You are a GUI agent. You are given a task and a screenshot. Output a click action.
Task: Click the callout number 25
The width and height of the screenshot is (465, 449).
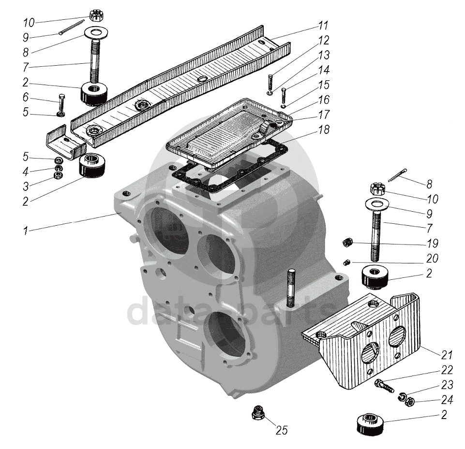[281, 430]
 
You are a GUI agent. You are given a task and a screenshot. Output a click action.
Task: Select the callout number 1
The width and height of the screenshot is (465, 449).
[25, 231]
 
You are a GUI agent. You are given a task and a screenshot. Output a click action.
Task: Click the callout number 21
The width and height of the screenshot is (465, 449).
[446, 355]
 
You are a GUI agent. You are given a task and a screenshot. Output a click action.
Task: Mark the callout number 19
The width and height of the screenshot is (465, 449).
[432, 243]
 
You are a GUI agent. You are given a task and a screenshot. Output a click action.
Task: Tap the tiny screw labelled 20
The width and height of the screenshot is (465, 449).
[346, 262]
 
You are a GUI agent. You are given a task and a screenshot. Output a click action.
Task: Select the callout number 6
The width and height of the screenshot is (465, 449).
[26, 98]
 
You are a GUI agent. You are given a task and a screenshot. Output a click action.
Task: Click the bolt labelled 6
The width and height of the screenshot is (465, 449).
[61, 103]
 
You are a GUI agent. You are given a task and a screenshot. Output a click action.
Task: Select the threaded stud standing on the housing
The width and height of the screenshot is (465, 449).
[291, 288]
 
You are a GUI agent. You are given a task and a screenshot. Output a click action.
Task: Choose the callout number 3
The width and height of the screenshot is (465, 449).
[26, 186]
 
